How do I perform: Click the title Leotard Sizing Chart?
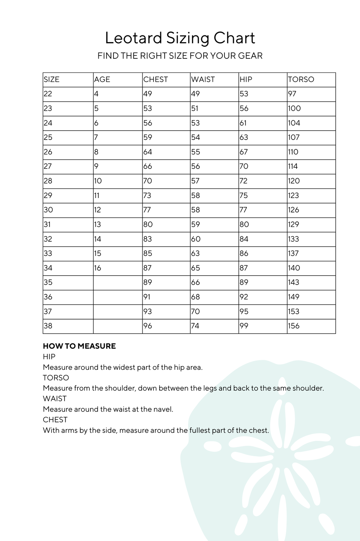tap(180, 38)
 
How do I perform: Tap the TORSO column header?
tap(301, 79)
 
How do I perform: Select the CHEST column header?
tap(156, 79)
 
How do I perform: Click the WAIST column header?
tap(203, 79)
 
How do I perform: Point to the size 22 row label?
tap(48, 94)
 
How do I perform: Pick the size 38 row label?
tap(48, 326)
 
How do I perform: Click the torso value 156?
tap(294, 326)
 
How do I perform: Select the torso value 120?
tap(294, 181)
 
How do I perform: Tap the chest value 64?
tap(148, 152)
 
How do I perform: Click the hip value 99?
tap(244, 326)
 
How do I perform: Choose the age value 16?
tap(98, 268)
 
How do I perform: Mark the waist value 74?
tap(195, 326)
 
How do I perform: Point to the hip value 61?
tap(243, 123)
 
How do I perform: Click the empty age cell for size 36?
tap(117, 297)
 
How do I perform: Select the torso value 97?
tap(292, 94)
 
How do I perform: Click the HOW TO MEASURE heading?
tap(79, 346)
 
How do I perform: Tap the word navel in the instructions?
tap(164, 409)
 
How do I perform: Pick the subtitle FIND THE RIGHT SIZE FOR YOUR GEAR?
tap(180, 56)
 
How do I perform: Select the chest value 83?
tap(148, 239)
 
